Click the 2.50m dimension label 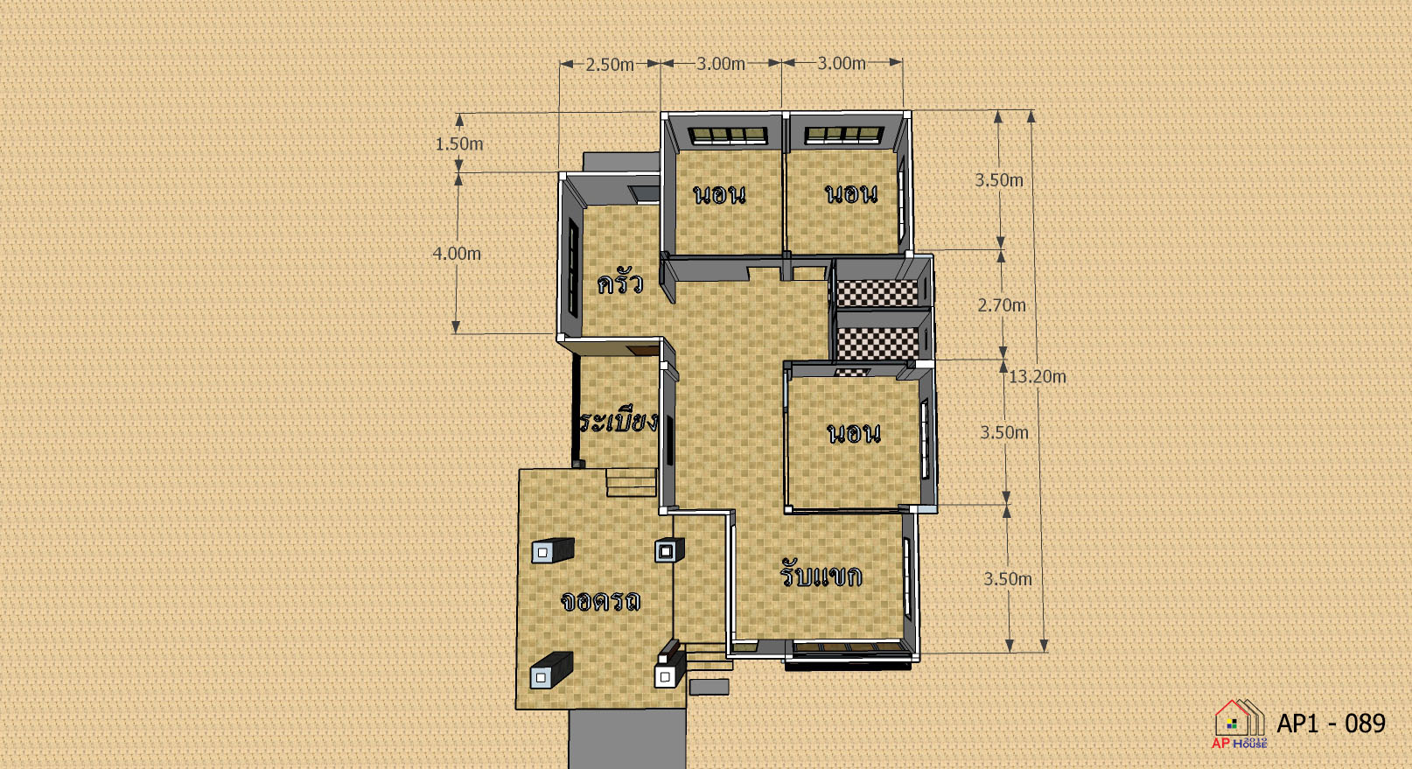click(610, 64)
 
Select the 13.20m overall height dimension click(1038, 376)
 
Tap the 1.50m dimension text click(459, 143)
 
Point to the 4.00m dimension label click(457, 254)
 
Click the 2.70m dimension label click(1002, 305)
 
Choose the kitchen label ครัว click(620, 283)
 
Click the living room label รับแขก click(821, 574)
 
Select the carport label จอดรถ click(601, 601)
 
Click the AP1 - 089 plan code click(1331, 724)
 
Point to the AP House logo click(1240, 724)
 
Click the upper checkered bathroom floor click(877, 293)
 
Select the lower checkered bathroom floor click(877, 344)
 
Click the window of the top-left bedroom click(727, 136)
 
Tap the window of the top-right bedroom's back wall click(843, 135)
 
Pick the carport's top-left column click(553, 550)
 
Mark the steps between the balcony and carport click(631, 483)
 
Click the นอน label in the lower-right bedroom click(854, 434)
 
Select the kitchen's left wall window click(573, 268)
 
